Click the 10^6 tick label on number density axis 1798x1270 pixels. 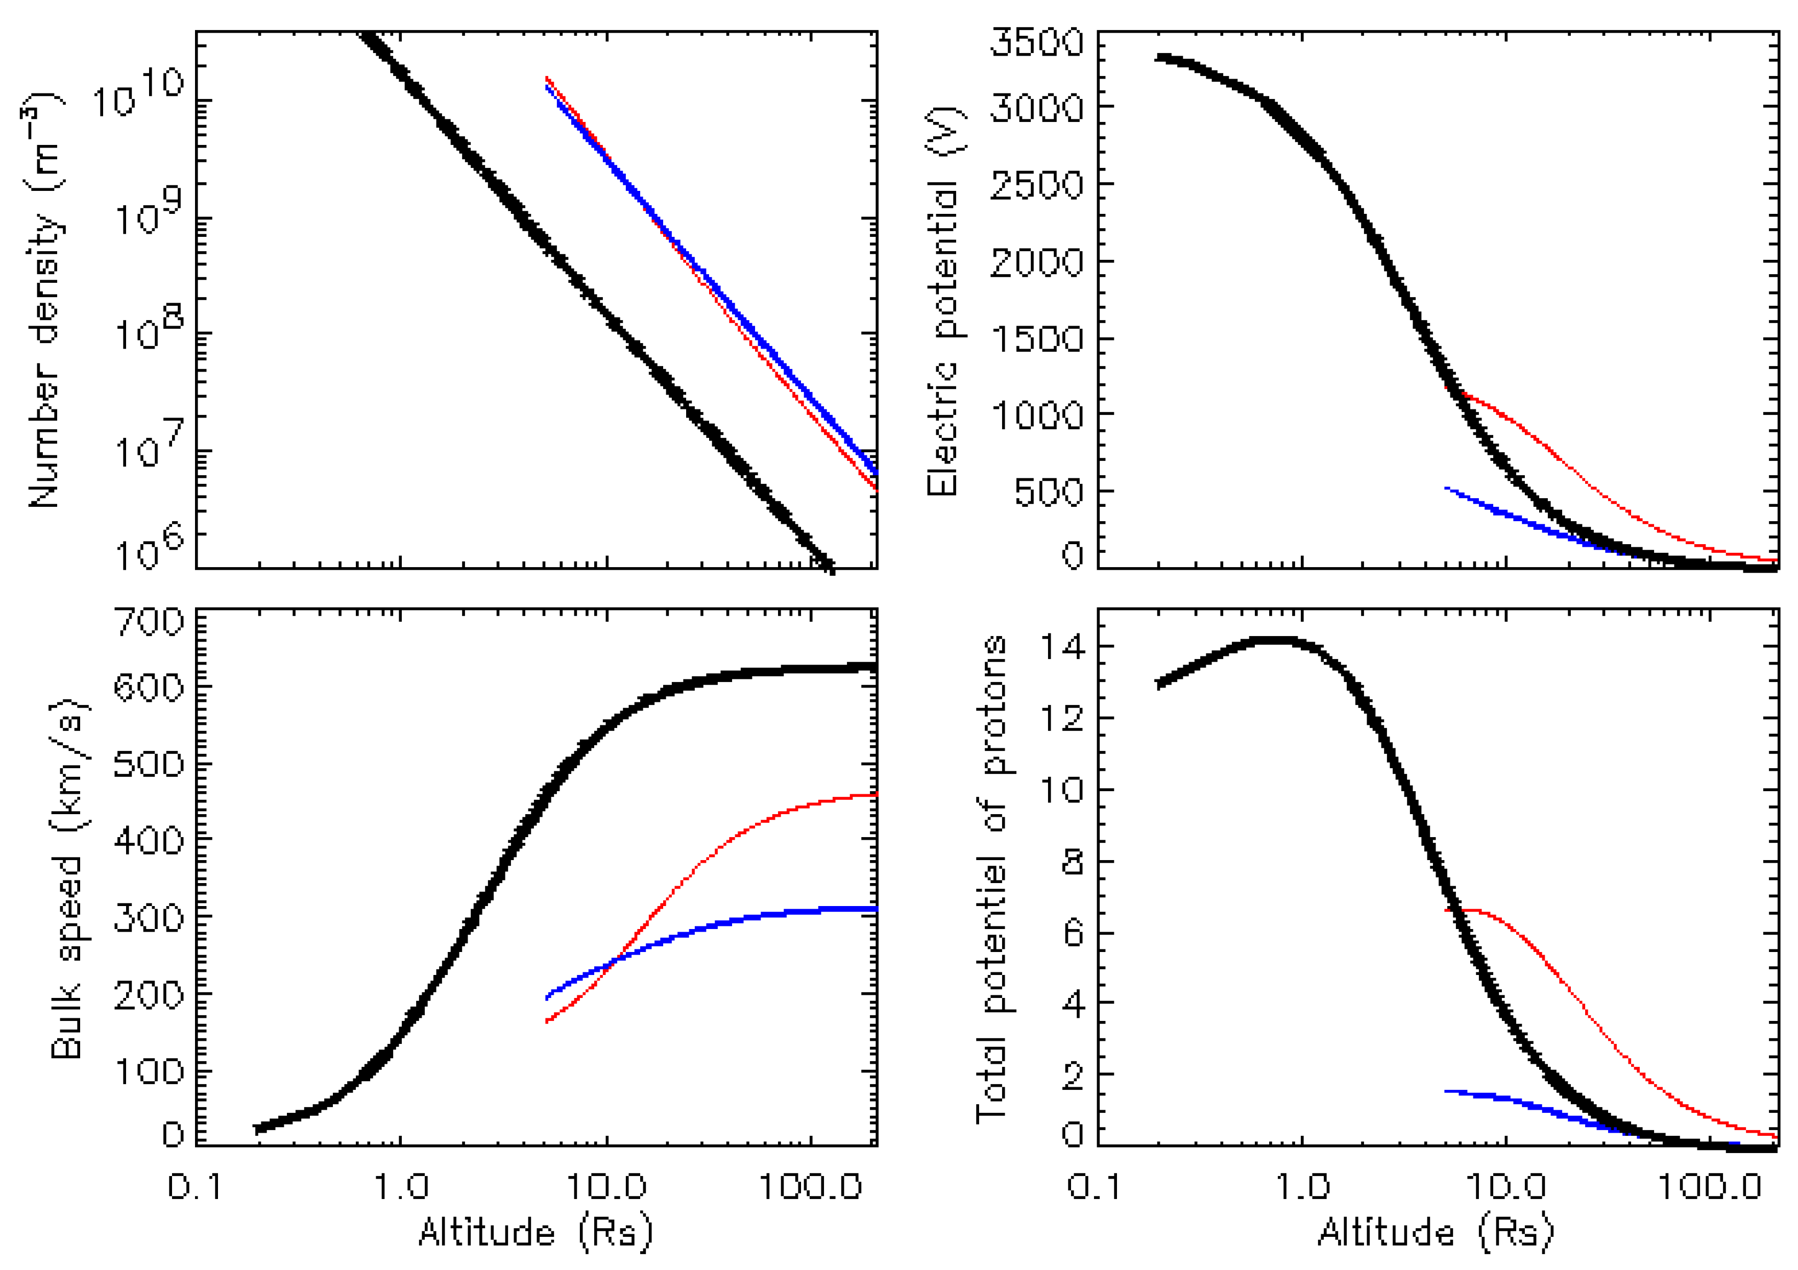149,548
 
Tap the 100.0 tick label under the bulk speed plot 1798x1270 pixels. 811,1187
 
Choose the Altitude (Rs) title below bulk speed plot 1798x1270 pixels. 536,1232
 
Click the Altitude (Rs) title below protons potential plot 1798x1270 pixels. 1436,1232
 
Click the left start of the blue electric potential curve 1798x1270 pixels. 1446,488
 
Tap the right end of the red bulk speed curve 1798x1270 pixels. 874,795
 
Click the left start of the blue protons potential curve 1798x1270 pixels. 1446,1091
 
